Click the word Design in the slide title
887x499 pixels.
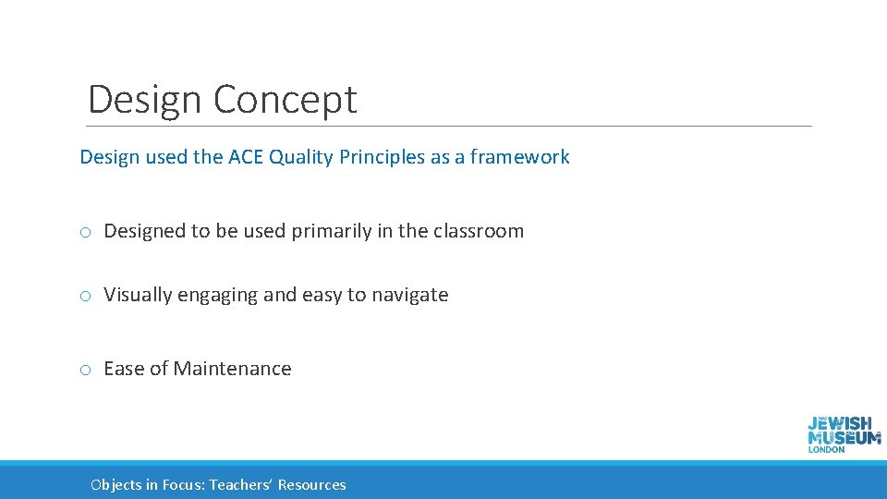click(x=144, y=100)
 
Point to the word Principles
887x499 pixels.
click(x=382, y=157)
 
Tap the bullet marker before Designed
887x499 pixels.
click(x=84, y=232)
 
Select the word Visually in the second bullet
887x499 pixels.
click(x=138, y=295)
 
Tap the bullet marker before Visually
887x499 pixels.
click(x=84, y=296)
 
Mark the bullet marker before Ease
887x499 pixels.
click(x=84, y=370)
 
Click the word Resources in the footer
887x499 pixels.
click(x=312, y=485)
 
